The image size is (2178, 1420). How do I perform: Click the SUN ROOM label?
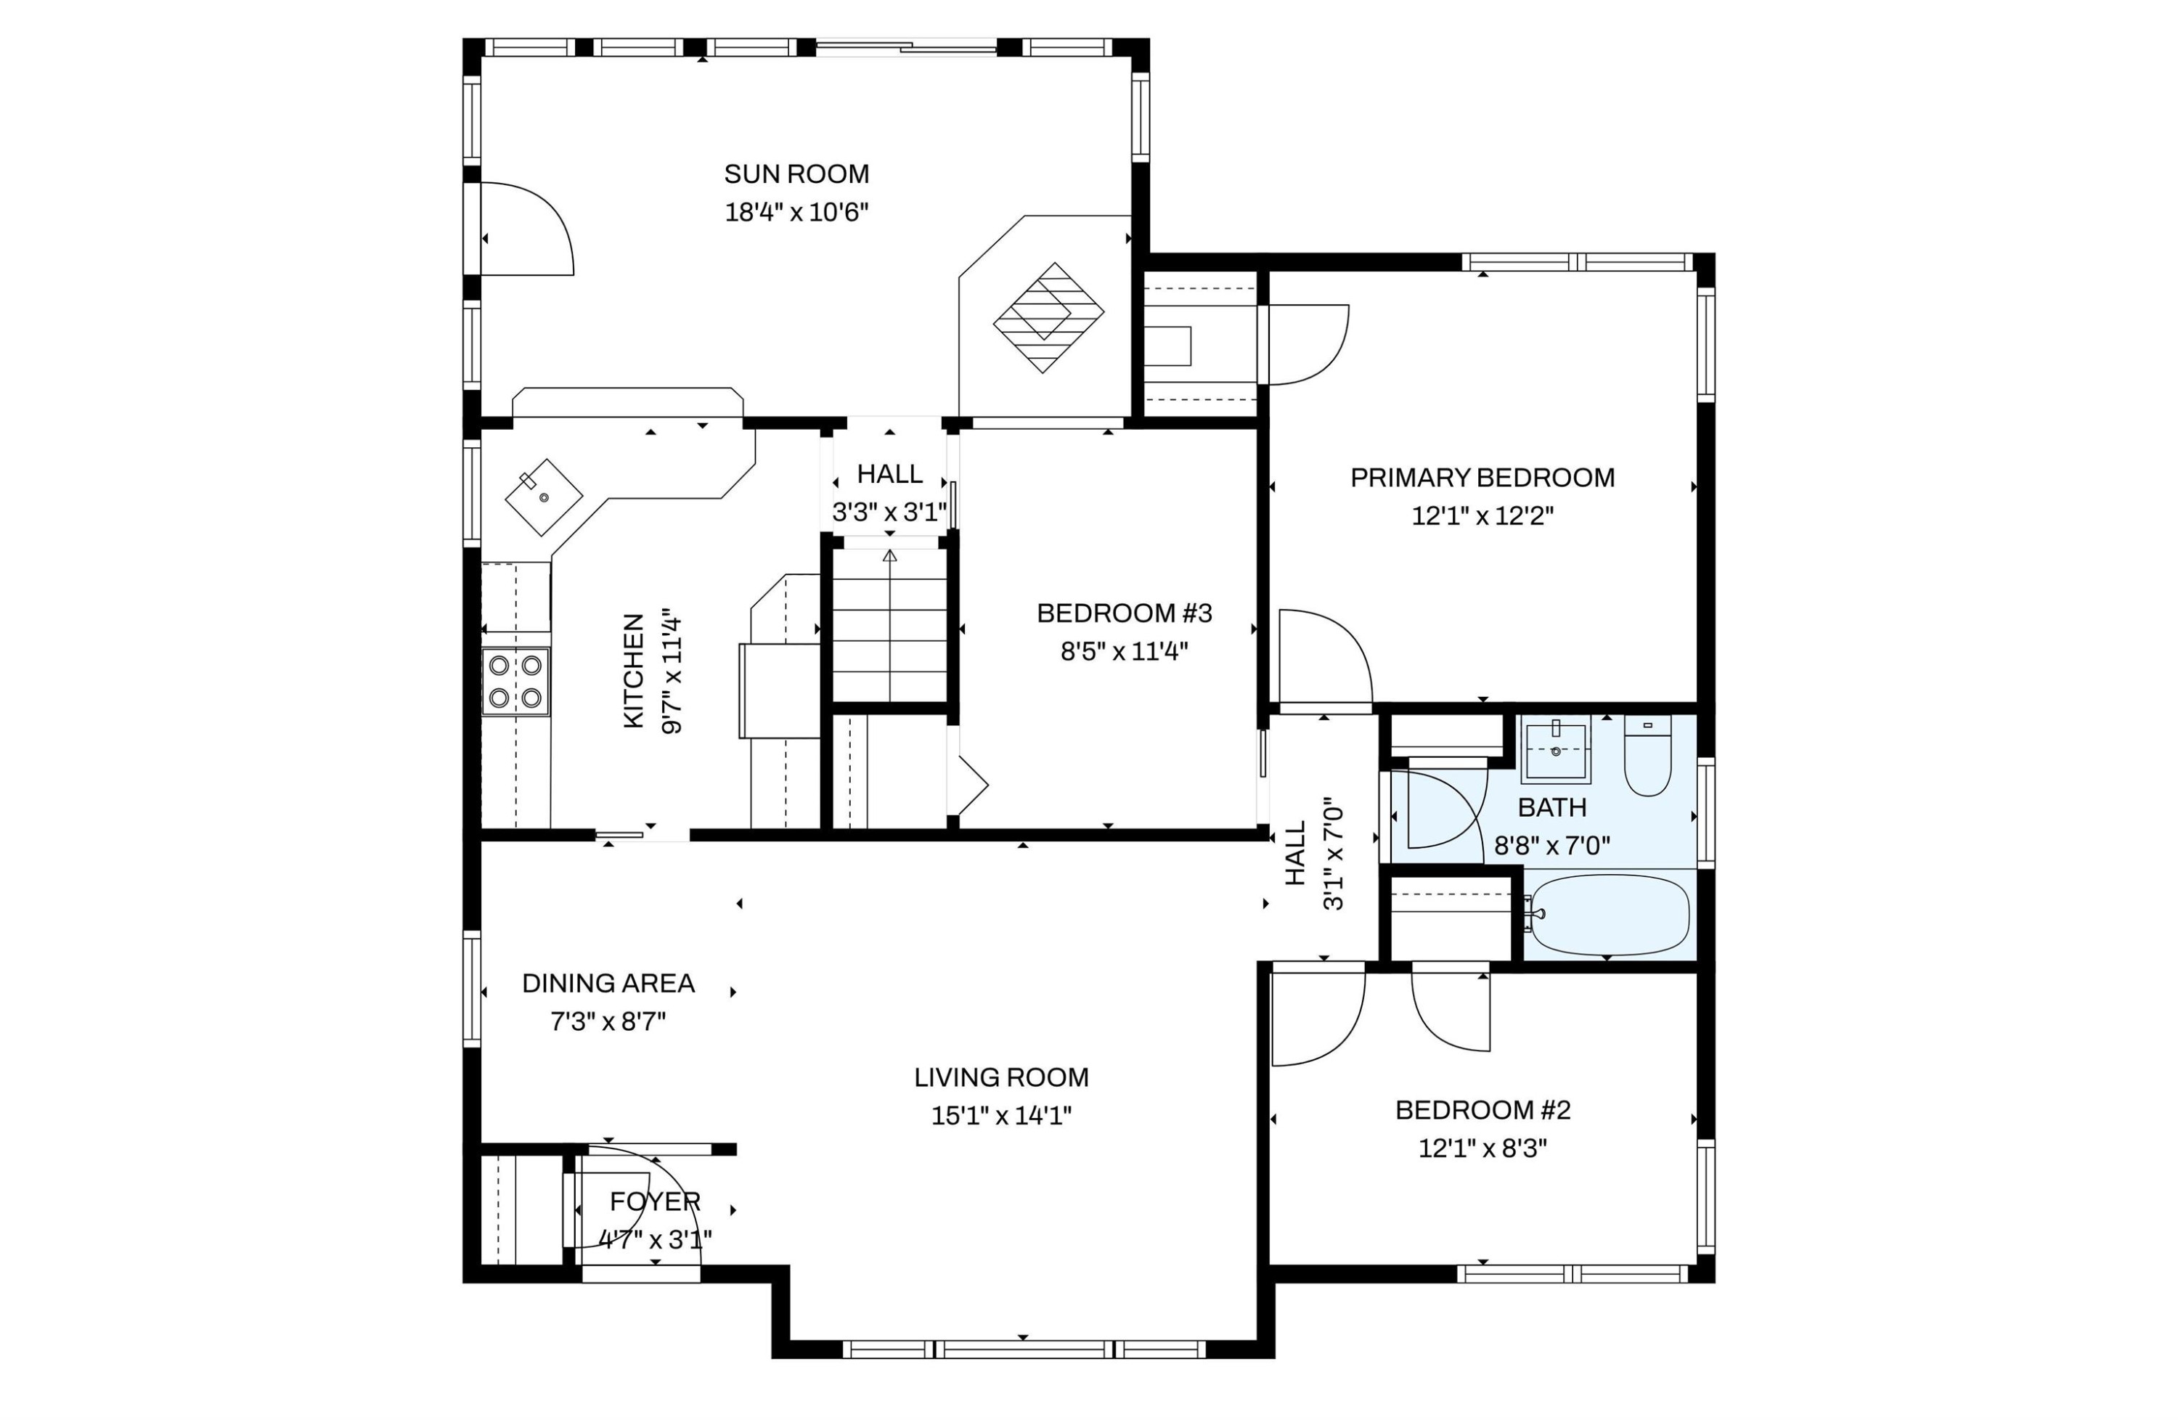796,174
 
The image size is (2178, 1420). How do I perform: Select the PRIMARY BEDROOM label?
1482,478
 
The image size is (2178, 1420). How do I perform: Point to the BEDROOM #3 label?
1124,613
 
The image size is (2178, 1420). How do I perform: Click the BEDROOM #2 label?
1482,1111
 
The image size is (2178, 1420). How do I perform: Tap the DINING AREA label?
608,984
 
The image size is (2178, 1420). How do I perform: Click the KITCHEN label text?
633,671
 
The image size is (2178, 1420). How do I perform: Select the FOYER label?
656,1201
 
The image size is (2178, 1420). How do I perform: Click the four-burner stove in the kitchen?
515,682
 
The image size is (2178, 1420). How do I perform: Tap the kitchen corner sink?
544,497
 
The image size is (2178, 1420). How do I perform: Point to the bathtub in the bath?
1609,915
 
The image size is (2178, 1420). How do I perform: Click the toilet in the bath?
1647,755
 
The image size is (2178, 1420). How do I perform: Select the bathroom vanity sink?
1556,749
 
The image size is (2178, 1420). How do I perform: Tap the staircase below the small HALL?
889,625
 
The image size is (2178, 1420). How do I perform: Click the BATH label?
1552,808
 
